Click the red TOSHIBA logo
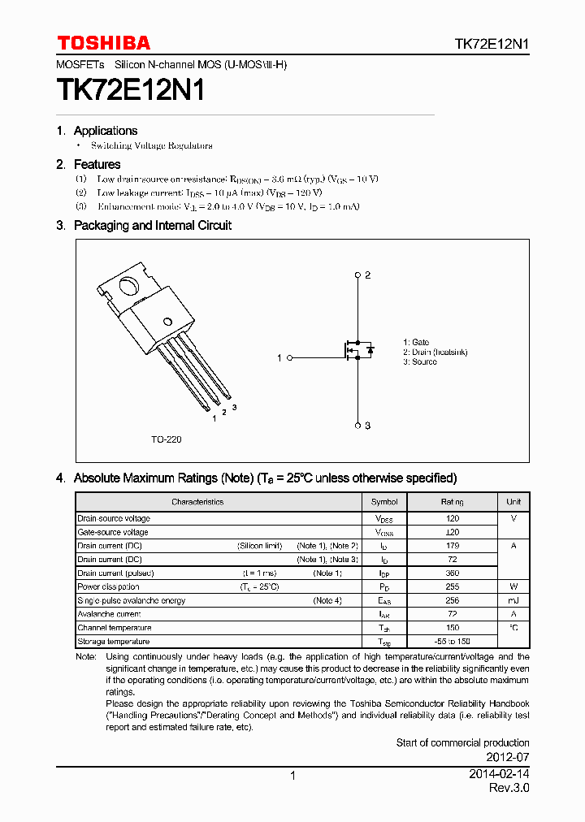coord(103,43)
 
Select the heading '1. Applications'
coord(97,131)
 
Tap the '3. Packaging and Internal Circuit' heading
coord(144,226)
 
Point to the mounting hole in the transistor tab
coord(128,287)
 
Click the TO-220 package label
coord(166,439)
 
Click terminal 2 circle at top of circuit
coord(358,275)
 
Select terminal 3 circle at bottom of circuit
coord(358,425)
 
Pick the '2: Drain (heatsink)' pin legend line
coord(435,353)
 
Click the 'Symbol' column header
coord(384,502)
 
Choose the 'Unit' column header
coord(513,502)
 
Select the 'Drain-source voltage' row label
coord(114,518)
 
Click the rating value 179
coord(453,546)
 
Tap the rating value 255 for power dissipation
coord(453,586)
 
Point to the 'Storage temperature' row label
coord(114,642)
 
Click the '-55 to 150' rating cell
coord(453,642)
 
